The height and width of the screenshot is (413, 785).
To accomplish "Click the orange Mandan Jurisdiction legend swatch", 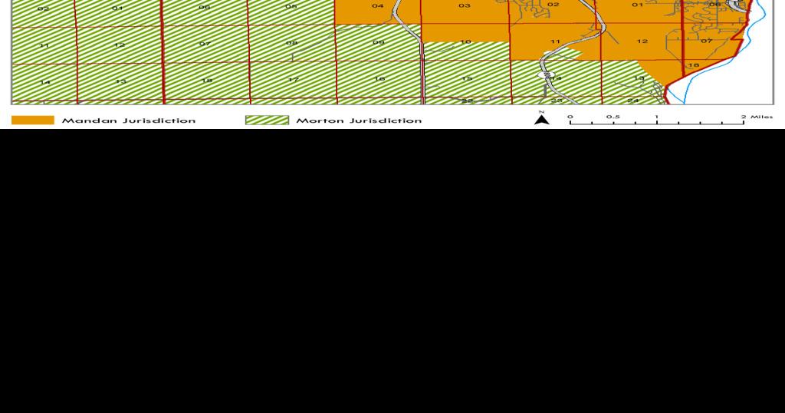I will coord(32,120).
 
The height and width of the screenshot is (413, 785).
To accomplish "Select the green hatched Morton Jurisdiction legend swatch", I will coord(267,120).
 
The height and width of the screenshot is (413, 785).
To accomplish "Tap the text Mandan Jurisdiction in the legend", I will coord(129,121).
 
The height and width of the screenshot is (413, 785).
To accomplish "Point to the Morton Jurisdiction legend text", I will coord(359,121).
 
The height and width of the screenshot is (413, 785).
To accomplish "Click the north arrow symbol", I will coord(542,118).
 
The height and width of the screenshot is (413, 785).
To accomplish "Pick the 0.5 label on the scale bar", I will coord(613,117).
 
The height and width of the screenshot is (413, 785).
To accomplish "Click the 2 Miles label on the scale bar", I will coord(757,117).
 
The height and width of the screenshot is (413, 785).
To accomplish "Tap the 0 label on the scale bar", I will coord(570,117).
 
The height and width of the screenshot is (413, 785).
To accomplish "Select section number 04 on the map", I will coord(378,6).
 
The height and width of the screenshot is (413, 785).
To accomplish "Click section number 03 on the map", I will coord(465,6).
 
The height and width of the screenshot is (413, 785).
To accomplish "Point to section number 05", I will coord(291,6).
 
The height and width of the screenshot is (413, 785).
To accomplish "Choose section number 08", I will coord(291,43).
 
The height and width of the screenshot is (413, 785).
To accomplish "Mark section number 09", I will coord(379,42).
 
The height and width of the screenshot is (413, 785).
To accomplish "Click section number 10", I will coord(465,41).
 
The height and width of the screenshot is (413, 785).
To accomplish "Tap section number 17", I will coord(293,80).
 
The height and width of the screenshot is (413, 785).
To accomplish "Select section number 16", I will coord(379,79).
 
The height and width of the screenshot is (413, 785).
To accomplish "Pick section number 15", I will coord(467,78).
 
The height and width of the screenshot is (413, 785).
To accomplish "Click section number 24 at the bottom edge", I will coord(633,101).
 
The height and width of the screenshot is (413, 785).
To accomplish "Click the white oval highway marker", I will coord(547,76).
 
